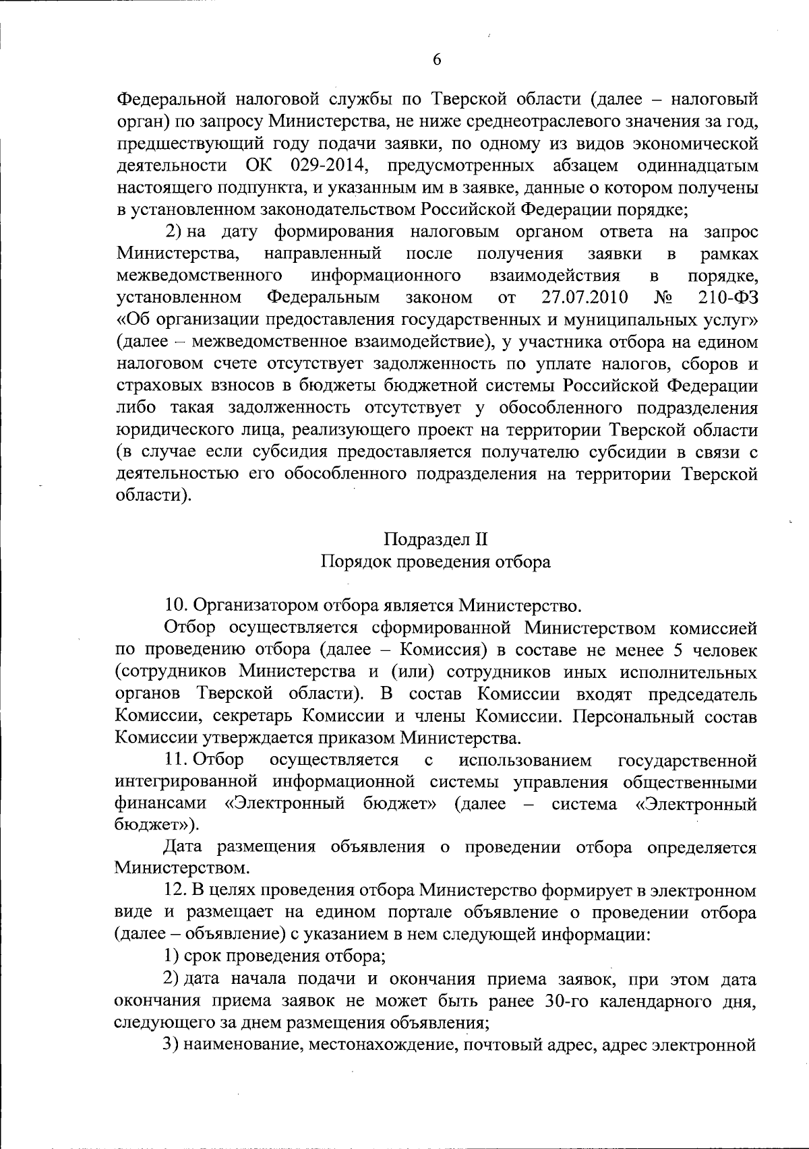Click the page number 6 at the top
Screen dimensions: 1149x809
pyautogui.click(x=436, y=60)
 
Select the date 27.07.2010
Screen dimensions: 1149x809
pyautogui.click(x=585, y=297)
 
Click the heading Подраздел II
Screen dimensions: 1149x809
pyautogui.click(x=436, y=540)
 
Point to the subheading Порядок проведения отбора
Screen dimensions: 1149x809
pyautogui.click(x=436, y=561)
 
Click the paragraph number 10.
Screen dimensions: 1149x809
pyautogui.click(x=175, y=604)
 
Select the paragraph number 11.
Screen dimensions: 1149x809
pyautogui.click(x=175, y=760)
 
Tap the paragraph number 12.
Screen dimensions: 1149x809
pyautogui.click(x=175, y=892)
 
